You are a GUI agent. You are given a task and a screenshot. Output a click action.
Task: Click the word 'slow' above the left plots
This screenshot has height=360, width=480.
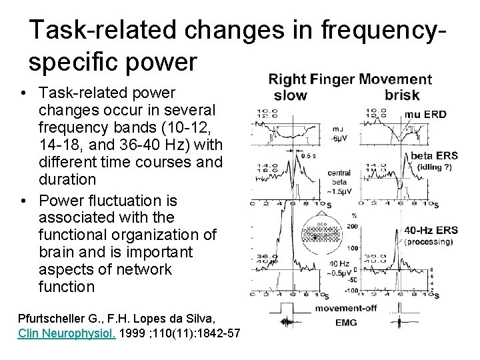click(291, 95)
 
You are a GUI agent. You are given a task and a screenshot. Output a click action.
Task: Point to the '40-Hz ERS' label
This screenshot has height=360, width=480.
click(431, 231)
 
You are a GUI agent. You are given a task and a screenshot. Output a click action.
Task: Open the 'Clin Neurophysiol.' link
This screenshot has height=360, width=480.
click(67, 333)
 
